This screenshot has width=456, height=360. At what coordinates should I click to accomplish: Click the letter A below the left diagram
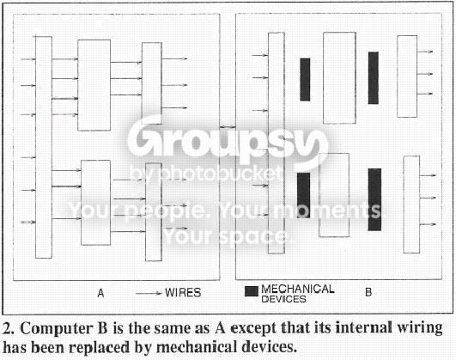pos(100,293)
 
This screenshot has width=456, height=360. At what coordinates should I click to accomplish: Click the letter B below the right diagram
pos(368,292)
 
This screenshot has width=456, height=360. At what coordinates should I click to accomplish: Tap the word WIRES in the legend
pos(183,292)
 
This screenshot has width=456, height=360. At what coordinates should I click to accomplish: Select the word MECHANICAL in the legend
pos(298,289)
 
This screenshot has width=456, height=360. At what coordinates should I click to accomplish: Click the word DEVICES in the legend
pos(283,299)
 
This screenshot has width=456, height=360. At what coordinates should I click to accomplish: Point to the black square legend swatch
pos(252,291)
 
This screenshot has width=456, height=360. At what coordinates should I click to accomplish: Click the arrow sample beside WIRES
pos(149,293)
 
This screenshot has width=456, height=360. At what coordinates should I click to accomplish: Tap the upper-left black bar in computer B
pos(305,79)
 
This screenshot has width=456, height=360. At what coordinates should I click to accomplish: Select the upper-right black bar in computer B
pos(374,77)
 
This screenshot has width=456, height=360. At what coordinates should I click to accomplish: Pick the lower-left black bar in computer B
pos(303,195)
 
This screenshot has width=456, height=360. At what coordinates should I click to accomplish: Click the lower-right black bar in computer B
pos(374,199)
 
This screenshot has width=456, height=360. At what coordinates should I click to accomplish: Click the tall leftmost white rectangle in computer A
pos(44,147)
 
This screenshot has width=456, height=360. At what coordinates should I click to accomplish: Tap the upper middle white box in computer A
pos(94,85)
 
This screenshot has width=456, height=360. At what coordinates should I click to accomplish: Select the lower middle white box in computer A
pos(95,203)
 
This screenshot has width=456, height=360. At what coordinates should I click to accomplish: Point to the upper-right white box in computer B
pos(407,76)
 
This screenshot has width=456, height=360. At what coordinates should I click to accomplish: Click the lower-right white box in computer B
pos(411,204)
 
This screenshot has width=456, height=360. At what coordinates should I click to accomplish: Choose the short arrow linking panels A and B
pos(228,127)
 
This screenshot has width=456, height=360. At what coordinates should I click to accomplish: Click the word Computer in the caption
pos(64,329)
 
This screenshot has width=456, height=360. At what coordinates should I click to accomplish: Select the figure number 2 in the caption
pos(7,329)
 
